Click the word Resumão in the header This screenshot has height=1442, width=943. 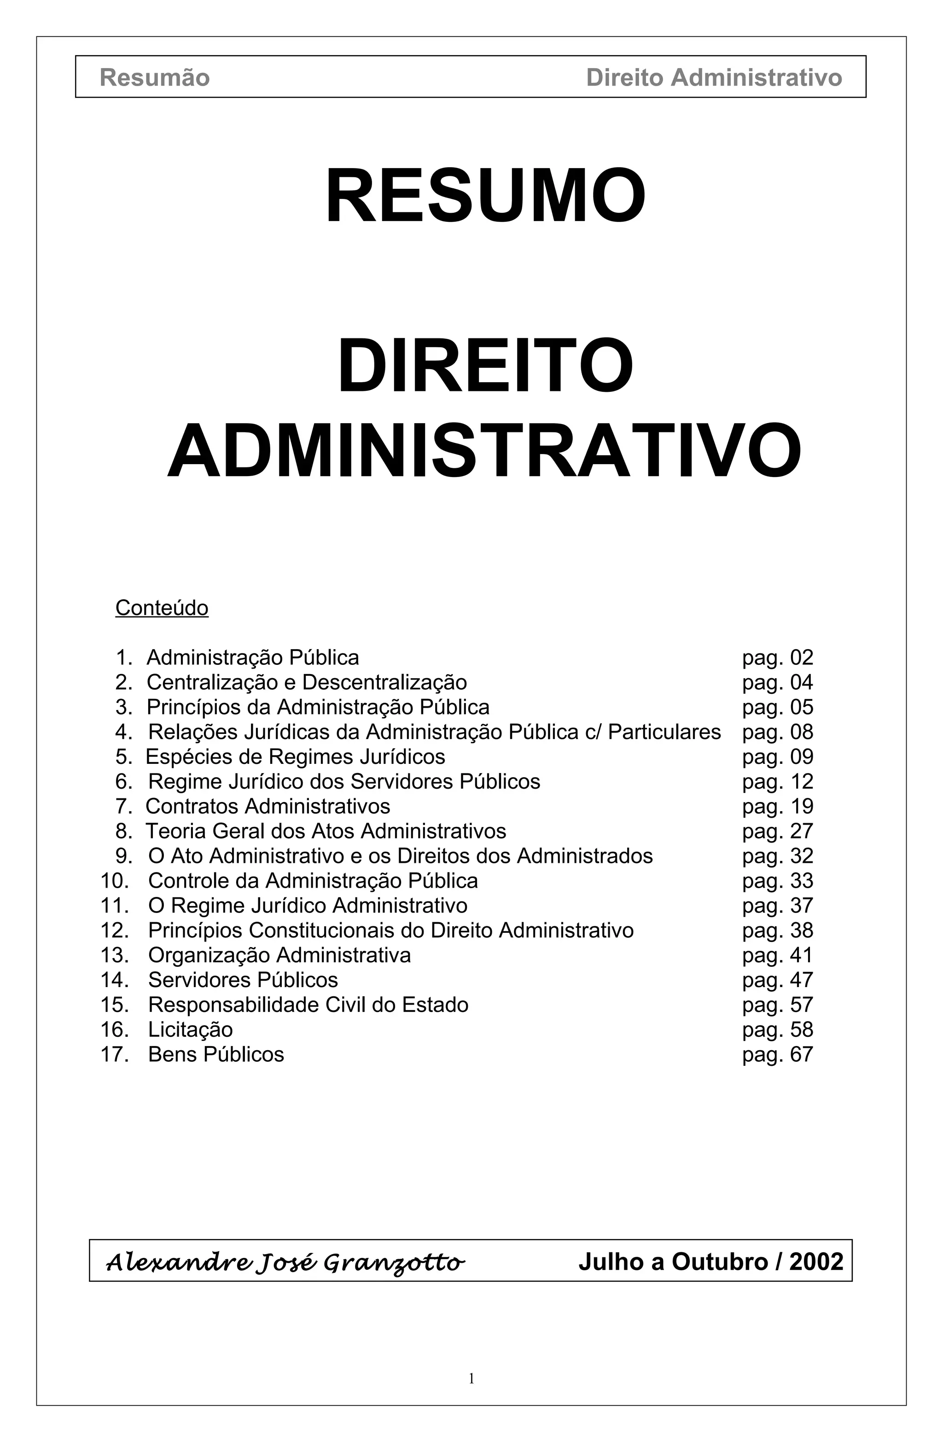[155, 77]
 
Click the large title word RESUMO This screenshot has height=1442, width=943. [485, 196]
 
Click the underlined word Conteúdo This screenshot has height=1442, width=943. [162, 608]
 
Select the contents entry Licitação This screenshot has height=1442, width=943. [190, 1029]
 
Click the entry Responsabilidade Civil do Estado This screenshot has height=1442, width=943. [308, 1005]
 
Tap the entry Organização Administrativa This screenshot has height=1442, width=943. [279, 955]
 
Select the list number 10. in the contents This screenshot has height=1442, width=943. [115, 881]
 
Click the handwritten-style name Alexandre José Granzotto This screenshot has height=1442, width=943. [285, 1262]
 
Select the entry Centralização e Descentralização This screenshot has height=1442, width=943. [307, 682]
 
